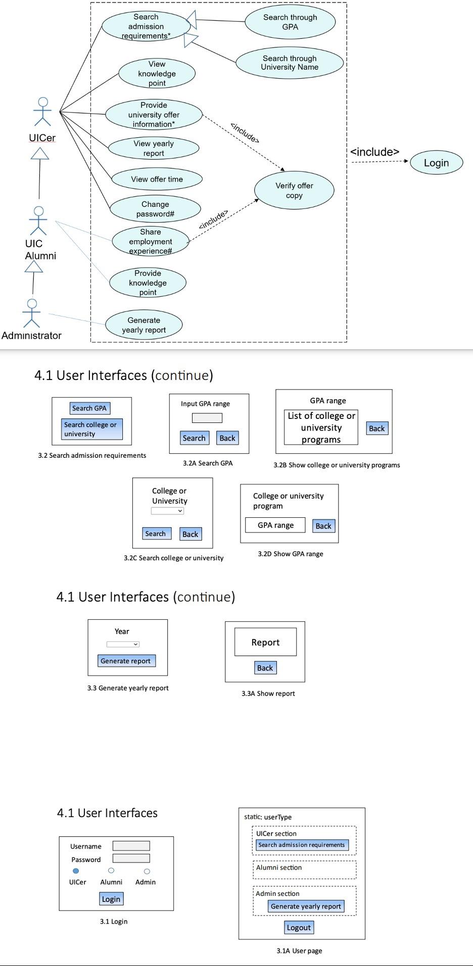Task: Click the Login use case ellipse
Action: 436,163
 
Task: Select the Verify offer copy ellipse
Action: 294,190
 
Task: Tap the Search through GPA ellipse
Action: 290,22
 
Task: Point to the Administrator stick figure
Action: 32,313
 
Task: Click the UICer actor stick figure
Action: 43,112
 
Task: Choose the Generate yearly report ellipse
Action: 144,325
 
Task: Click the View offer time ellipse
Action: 157,179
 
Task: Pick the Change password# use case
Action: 155,209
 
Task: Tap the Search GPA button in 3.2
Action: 89,408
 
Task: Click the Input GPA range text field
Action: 207,418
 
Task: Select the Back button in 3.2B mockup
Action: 376,428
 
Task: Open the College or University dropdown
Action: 167,511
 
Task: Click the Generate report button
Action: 126,661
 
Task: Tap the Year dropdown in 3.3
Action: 123,644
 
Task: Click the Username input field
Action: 131,846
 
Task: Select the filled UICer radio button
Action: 76,871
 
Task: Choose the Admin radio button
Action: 147,871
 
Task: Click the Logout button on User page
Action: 299,928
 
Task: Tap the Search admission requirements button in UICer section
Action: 302,845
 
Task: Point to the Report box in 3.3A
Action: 265,642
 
